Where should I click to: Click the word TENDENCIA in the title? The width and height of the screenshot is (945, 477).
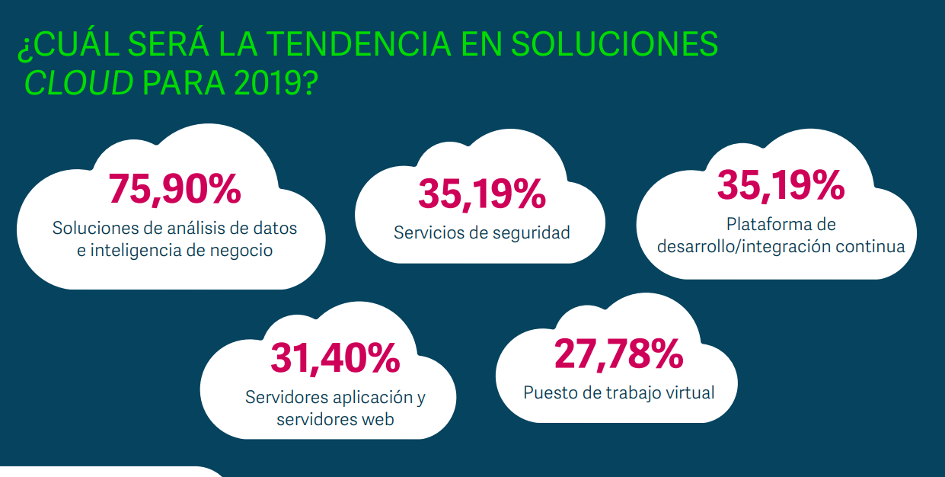352,44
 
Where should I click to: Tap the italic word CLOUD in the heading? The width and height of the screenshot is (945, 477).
78,83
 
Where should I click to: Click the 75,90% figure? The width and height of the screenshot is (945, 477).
174,189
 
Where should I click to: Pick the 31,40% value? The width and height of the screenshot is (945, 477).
335,357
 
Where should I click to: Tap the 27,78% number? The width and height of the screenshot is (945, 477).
618,353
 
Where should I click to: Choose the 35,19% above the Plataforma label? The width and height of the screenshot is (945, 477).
781,185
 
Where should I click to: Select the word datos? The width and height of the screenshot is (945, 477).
274,228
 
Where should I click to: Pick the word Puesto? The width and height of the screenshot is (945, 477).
548,393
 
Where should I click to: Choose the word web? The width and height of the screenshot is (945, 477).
376,419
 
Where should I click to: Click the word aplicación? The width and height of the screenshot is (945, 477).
373,398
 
